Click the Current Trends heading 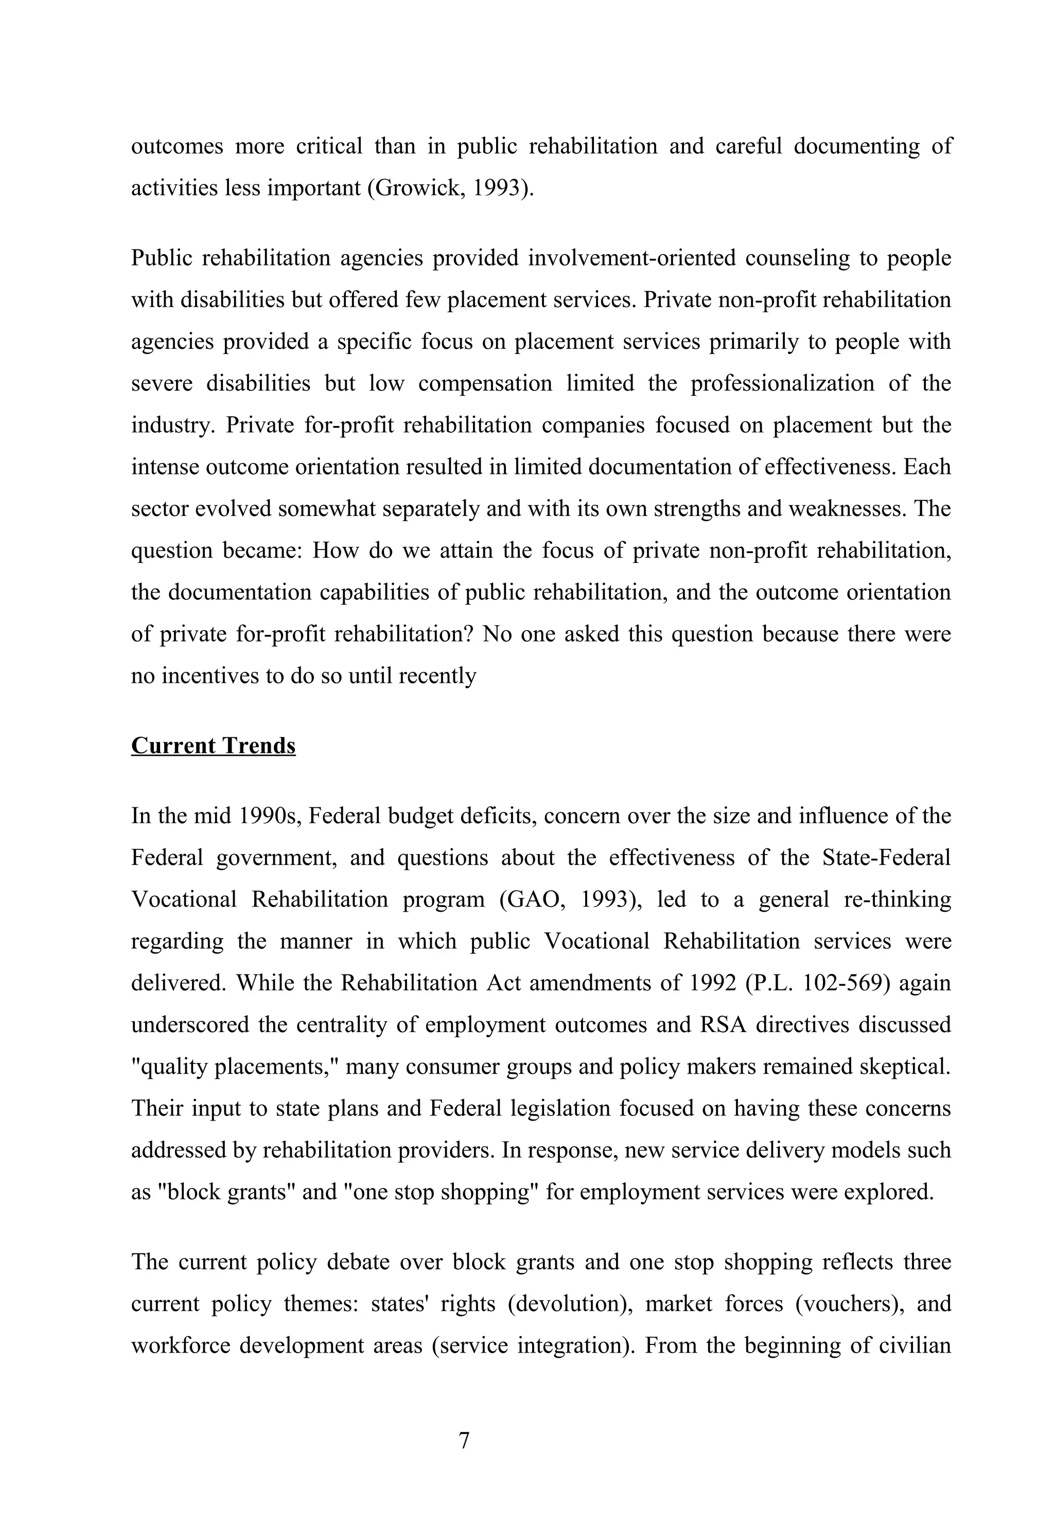[x=213, y=746]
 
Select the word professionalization [x=783, y=383]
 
